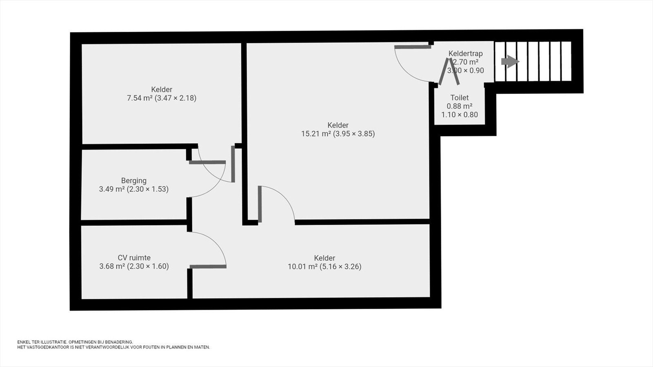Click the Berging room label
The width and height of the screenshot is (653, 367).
point(134,181)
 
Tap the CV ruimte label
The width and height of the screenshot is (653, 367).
point(134,258)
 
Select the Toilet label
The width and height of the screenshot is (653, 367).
point(460,97)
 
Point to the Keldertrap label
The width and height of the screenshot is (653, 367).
point(466,53)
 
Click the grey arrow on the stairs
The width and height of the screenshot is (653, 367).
point(510,62)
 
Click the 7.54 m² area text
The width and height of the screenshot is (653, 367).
point(140,98)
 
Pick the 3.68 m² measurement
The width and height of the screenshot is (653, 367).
point(112,266)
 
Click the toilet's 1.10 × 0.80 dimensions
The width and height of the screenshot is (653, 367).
point(460,115)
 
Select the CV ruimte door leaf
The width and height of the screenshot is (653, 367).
point(208,267)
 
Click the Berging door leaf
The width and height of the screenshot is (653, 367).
point(207,162)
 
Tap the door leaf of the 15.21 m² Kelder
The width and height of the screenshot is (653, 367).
point(260,204)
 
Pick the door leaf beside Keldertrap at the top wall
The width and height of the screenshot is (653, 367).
point(413,47)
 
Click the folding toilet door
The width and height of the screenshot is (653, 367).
point(449,71)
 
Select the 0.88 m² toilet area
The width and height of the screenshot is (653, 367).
point(460,106)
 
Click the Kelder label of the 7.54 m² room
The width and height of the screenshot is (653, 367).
point(162,89)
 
